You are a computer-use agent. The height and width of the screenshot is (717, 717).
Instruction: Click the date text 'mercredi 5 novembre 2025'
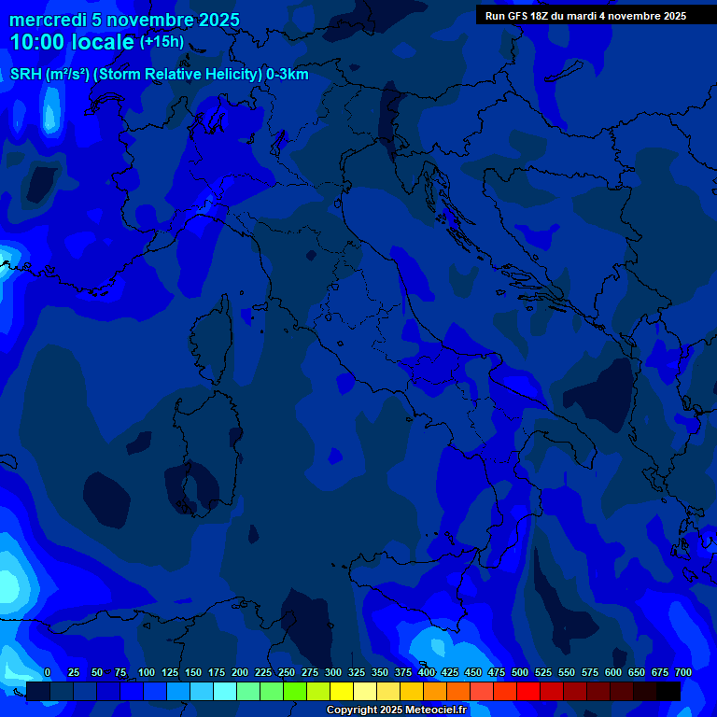click(x=124, y=20)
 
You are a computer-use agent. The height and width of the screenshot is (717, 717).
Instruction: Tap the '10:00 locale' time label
click(x=72, y=42)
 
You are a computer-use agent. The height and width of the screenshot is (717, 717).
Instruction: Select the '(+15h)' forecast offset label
click(x=162, y=42)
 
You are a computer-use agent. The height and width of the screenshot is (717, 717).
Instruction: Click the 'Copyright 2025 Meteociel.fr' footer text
click(x=396, y=710)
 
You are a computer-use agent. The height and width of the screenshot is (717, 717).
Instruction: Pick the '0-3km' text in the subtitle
click(x=287, y=75)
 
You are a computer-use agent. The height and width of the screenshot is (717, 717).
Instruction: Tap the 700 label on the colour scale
click(x=682, y=672)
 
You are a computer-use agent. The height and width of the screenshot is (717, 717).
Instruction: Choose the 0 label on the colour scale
click(x=48, y=672)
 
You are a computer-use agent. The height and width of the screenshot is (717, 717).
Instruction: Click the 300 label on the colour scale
click(x=333, y=672)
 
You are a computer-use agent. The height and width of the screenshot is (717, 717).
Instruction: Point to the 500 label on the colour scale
click(x=520, y=672)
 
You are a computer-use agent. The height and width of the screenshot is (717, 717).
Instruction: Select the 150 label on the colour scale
click(x=193, y=672)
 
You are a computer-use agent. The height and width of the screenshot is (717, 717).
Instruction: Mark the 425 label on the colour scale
click(x=450, y=672)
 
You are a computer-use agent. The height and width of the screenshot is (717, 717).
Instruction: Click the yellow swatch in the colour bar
click(x=342, y=691)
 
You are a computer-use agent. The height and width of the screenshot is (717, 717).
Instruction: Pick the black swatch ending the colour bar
click(x=668, y=691)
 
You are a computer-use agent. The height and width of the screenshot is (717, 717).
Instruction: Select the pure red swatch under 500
click(x=528, y=691)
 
